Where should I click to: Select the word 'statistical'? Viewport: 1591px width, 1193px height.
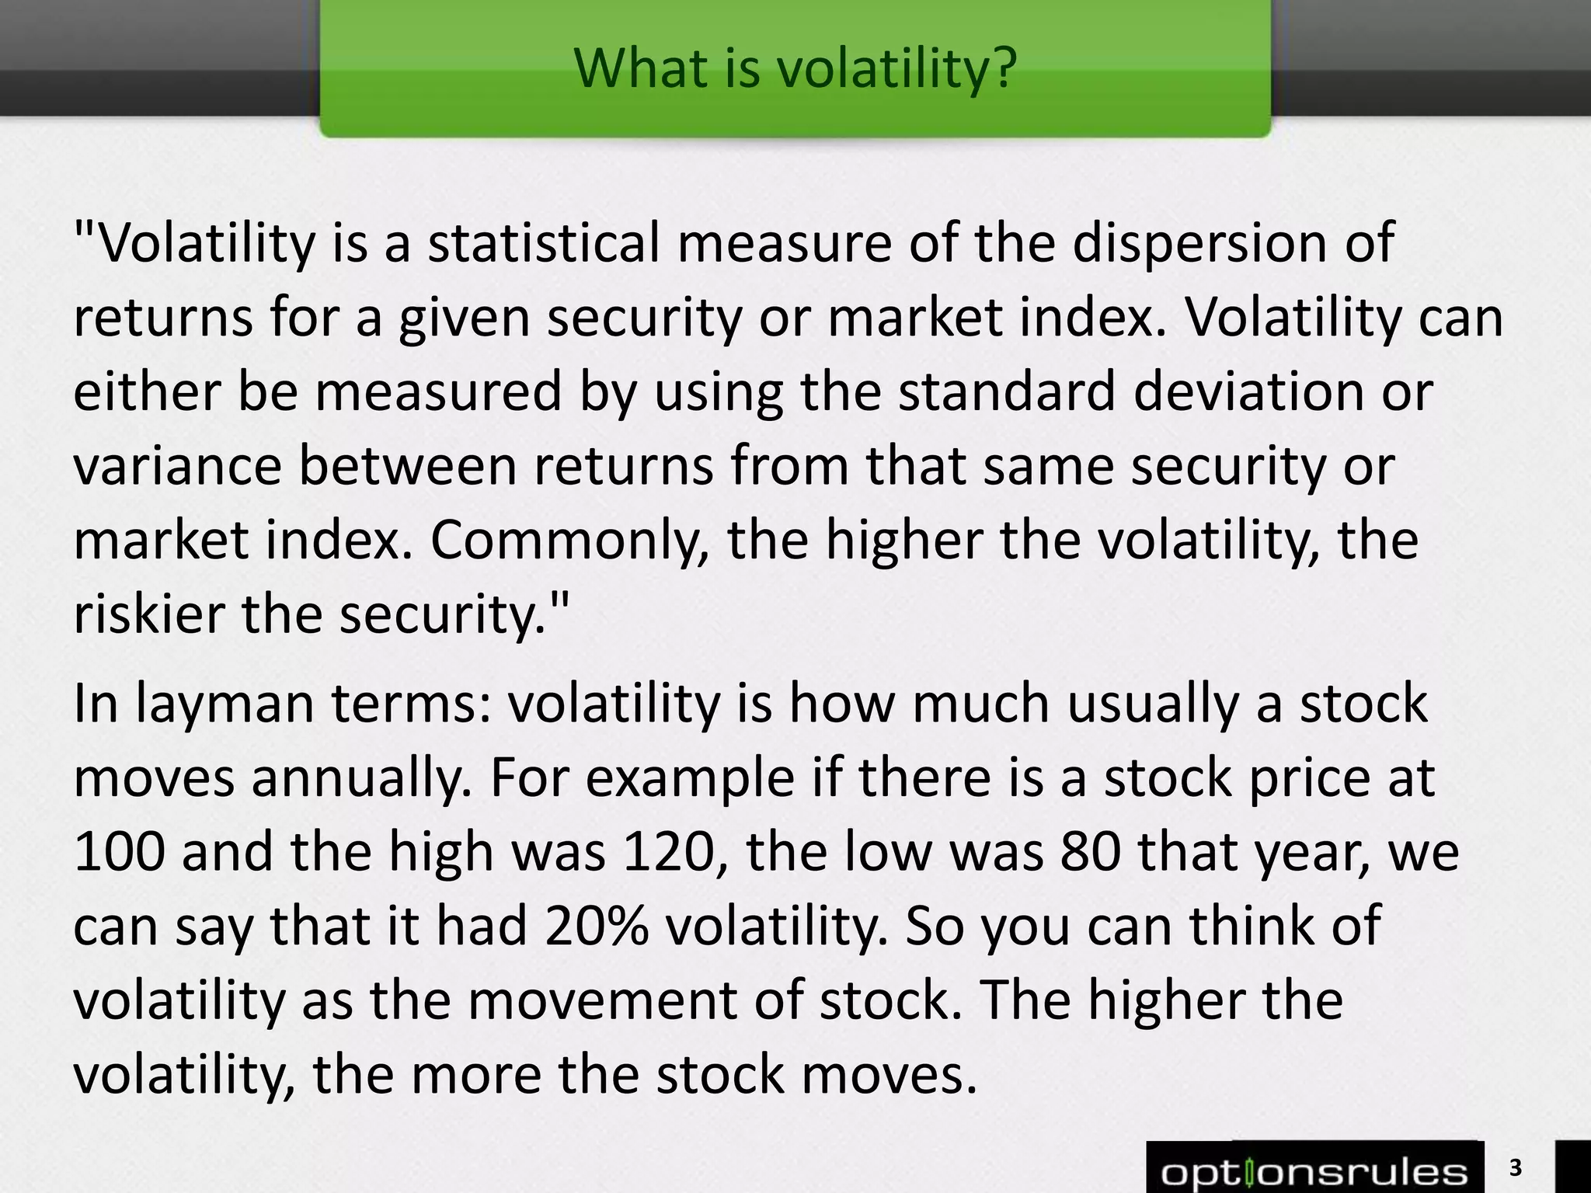pyautogui.click(x=544, y=242)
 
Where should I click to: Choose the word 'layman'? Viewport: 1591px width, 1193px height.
pyautogui.click(x=225, y=704)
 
